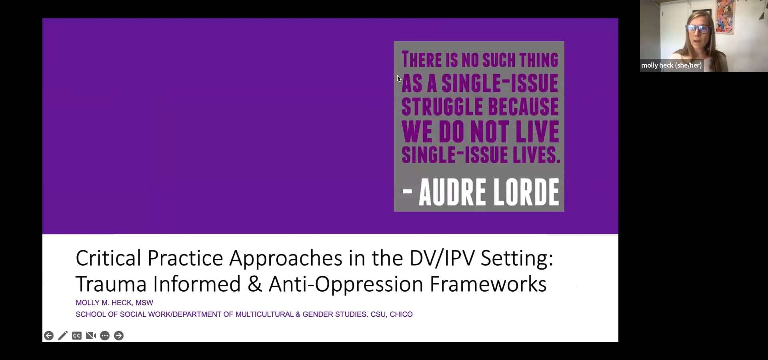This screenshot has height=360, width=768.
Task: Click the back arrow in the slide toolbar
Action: [49, 336]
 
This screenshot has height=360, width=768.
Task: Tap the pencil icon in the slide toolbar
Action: [63, 336]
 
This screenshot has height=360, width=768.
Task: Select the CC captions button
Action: [77, 336]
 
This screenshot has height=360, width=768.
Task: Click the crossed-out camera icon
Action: [91, 336]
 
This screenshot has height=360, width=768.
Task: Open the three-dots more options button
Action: [105, 336]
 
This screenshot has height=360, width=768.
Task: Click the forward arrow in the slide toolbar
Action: [119, 336]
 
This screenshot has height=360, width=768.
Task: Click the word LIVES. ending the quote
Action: [537, 155]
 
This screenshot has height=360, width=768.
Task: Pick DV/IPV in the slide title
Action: [442, 258]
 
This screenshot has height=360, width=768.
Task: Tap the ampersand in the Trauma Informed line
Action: [254, 284]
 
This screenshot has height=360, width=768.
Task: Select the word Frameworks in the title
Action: [488, 284]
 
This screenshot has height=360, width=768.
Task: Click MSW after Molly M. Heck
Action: [144, 303]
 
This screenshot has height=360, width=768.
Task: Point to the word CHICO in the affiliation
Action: [401, 314]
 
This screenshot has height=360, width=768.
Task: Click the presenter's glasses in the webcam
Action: [698, 29]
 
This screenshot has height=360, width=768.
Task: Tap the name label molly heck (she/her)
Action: [671, 65]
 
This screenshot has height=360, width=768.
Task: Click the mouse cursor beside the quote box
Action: [399, 79]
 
